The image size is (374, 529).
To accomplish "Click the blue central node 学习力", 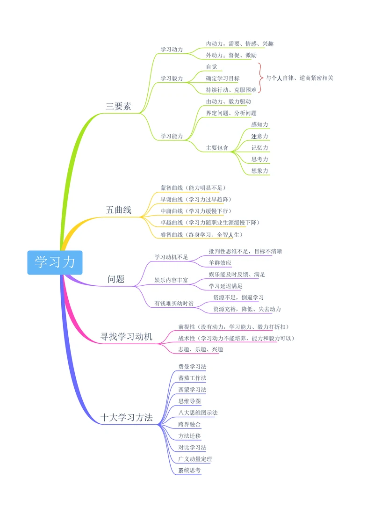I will click(x=55, y=262).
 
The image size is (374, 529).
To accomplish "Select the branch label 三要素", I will click(x=118, y=106).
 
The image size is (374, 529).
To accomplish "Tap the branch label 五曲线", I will click(x=118, y=210).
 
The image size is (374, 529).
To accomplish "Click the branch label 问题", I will click(x=116, y=279).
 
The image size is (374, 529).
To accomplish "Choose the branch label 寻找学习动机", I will click(x=126, y=336).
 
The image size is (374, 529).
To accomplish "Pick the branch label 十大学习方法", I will click(x=127, y=418).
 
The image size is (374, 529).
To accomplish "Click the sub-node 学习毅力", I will click(x=172, y=78).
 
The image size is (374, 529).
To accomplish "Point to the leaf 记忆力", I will click(x=259, y=148).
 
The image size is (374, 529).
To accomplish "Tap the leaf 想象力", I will click(x=259, y=171).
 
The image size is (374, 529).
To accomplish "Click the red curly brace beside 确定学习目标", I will click(x=259, y=78).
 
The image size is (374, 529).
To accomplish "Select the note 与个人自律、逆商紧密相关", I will click(x=299, y=78).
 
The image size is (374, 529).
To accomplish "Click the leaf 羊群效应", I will click(x=220, y=263).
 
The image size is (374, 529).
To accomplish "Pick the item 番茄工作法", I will click(x=192, y=378).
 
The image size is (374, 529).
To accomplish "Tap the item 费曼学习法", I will click(x=192, y=366).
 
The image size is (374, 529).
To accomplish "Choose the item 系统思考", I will click(x=189, y=470).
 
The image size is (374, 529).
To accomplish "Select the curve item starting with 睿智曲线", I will click(x=201, y=234).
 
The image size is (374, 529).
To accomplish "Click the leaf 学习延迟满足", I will click(x=225, y=286).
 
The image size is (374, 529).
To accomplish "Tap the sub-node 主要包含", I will click(x=217, y=148).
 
